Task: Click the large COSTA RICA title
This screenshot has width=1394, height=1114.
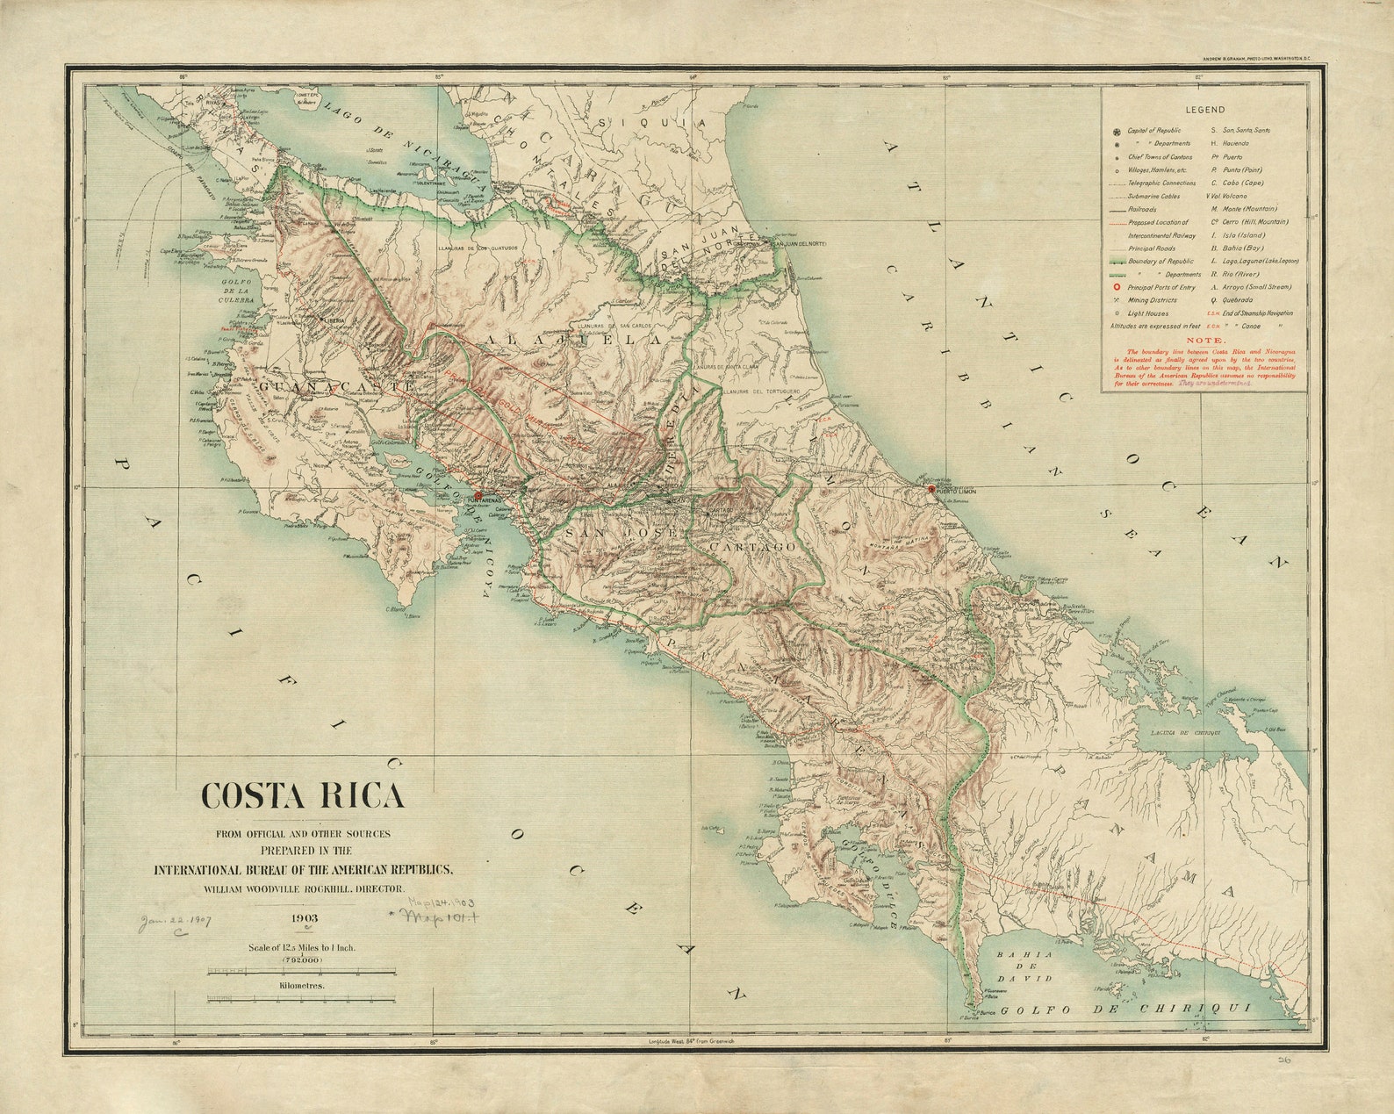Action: pos(303,795)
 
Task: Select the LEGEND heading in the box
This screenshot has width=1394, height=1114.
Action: pos(1204,110)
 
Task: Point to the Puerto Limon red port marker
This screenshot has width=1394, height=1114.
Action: pos(931,489)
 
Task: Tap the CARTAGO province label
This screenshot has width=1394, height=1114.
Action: pos(752,546)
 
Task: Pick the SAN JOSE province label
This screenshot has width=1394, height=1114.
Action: pos(620,533)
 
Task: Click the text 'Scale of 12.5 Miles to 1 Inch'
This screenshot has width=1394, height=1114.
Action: pos(302,948)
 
